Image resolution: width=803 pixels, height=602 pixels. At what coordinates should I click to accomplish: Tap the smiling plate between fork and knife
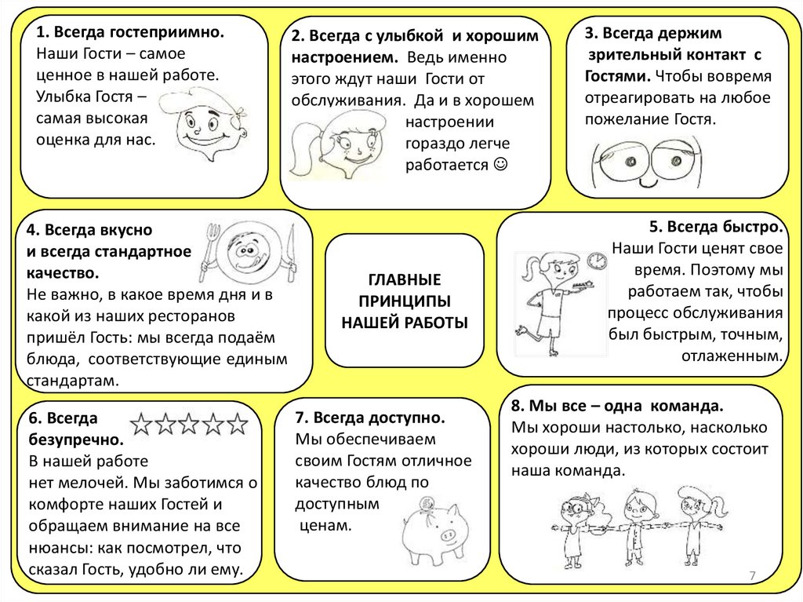click(x=247, y=253)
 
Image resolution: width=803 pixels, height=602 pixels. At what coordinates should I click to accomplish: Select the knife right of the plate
click(x=291, y=253)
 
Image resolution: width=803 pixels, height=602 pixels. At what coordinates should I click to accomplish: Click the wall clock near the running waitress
click(x=597, y=260)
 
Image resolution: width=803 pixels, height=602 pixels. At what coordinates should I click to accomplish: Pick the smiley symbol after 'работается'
click(x=501, y=165)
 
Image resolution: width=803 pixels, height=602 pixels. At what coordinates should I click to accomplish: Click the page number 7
click(x=752, y=577)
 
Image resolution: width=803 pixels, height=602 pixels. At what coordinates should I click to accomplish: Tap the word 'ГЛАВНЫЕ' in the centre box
click(x=404, y=280)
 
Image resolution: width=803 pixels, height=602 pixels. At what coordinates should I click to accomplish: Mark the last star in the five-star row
click(x=238, y=425)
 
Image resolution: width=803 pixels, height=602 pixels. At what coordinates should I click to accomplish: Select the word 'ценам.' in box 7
click(x=325, y=524)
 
